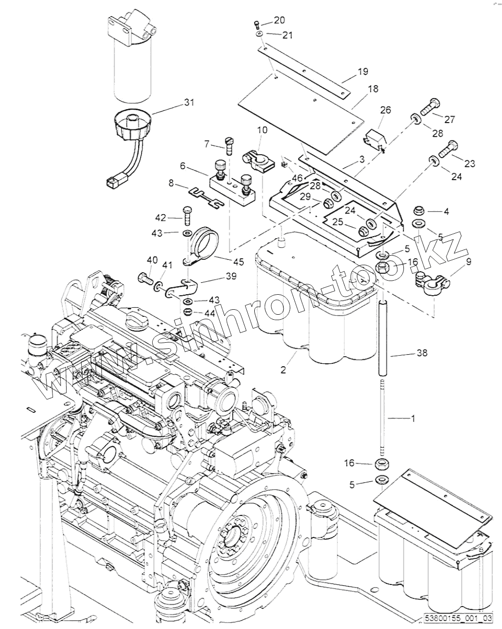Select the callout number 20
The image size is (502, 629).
pyautogui.click(x=279, y=20)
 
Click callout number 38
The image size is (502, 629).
pyautogui.click(x=422, y=353)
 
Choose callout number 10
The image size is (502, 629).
pyautogui.click(x=262, y=130)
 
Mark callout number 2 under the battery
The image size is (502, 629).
pyautogui.click(x=283, y=370)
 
